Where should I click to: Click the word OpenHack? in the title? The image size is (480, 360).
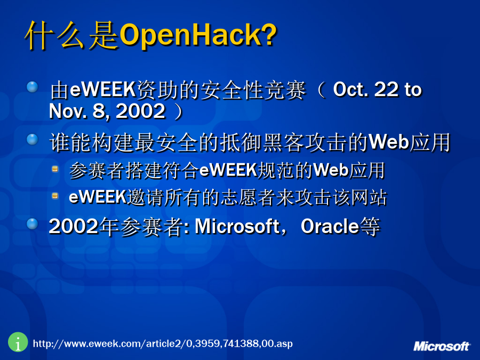198,35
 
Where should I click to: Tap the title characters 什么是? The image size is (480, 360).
72,35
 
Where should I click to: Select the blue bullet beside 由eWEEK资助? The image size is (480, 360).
32,87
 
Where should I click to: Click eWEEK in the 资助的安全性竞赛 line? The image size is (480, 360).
103,90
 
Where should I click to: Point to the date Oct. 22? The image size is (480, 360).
366,90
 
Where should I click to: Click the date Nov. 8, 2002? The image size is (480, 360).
107,111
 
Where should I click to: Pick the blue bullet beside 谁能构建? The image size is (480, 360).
32,139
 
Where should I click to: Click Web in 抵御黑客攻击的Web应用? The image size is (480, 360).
389,142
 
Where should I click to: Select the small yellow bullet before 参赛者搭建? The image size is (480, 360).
55,169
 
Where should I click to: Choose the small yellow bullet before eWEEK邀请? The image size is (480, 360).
55,196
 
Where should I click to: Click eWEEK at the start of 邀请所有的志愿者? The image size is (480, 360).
98,197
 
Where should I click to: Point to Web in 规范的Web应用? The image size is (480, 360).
331,170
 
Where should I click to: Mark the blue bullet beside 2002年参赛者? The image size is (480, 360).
32,224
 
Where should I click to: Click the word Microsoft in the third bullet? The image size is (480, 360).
237,227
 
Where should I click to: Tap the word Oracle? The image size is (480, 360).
330,227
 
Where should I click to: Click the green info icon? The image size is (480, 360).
18,342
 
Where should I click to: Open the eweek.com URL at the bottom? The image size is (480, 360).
163,344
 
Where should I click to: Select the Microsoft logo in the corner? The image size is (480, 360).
441,346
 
